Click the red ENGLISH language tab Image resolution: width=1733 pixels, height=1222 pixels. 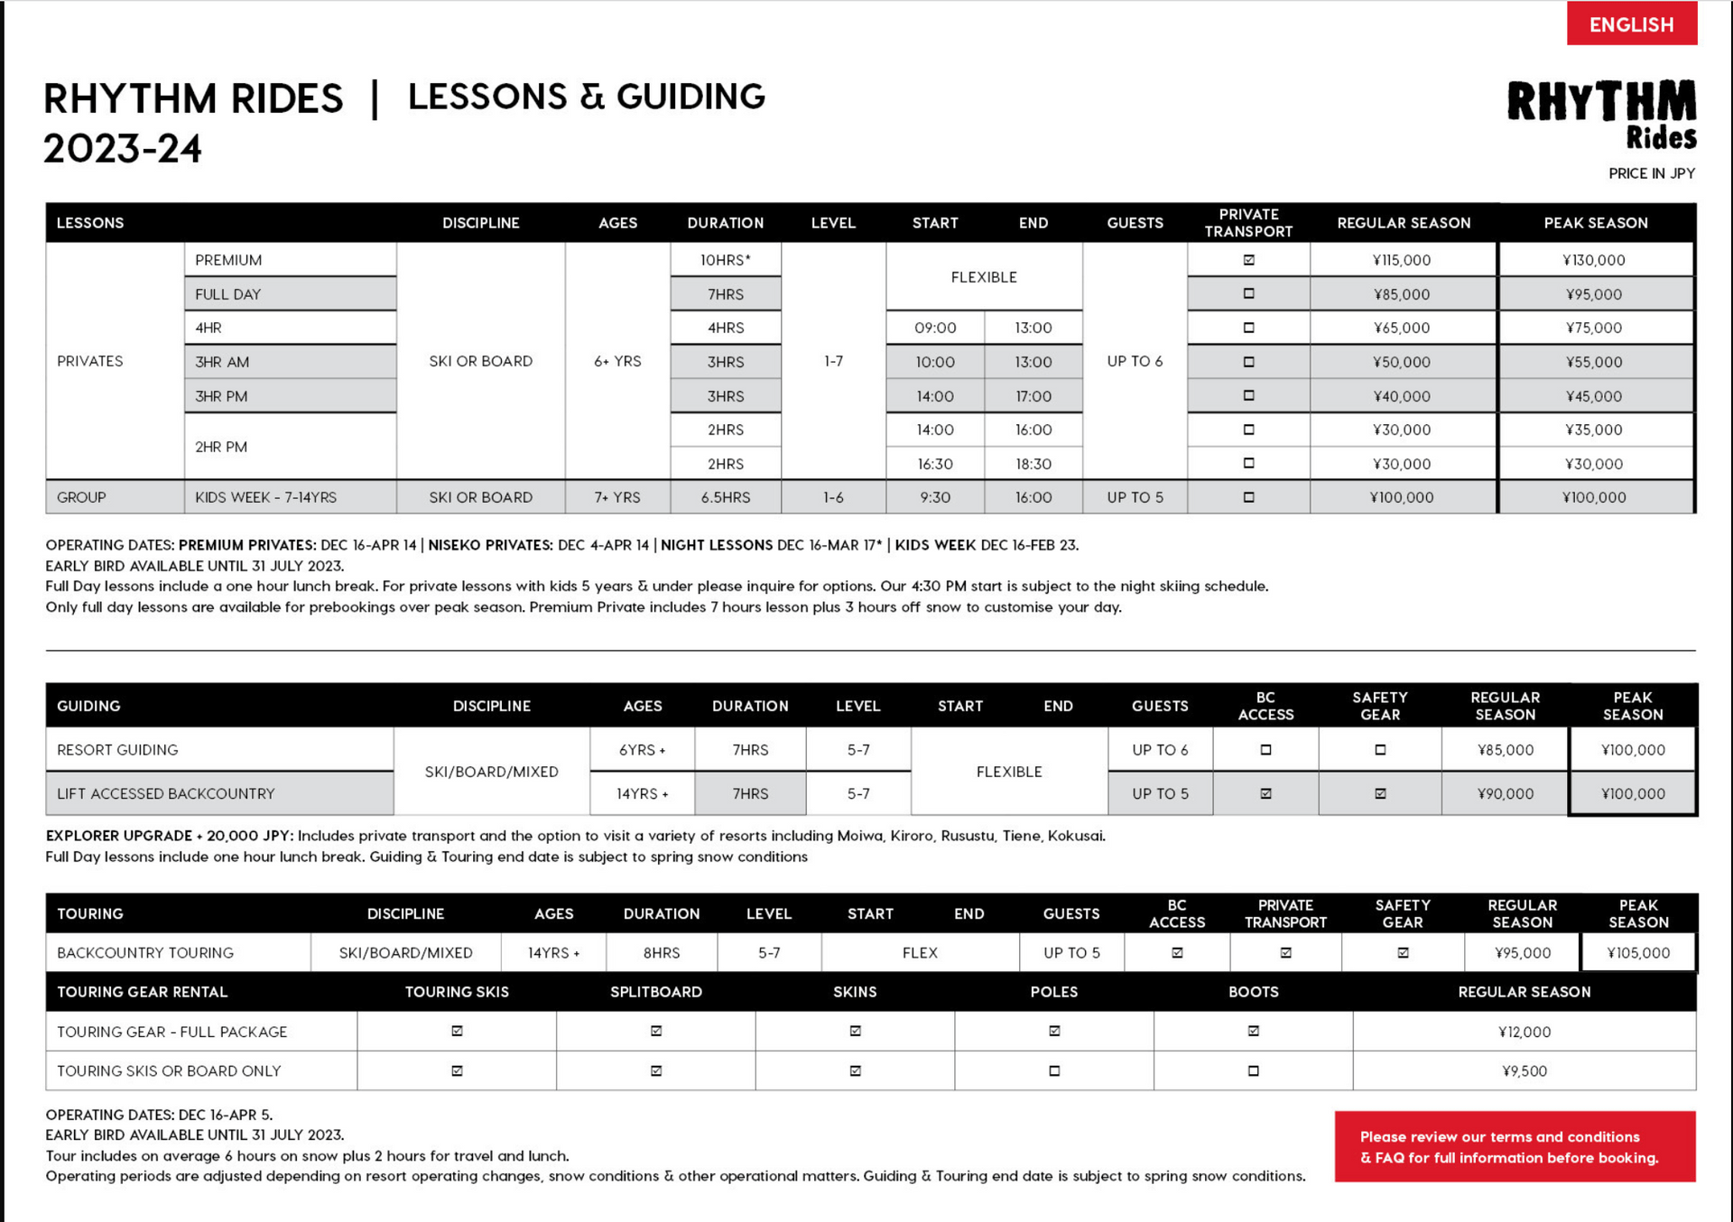(1631, 24)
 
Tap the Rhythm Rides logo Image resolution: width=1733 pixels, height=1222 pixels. (1601, 114)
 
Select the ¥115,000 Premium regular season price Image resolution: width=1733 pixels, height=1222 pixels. (1402, 260)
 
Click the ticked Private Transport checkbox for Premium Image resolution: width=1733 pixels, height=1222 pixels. (1248, 260)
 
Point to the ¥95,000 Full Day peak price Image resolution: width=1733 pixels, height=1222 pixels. (1594, 294)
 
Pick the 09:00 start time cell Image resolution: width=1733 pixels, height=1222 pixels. (935, 328)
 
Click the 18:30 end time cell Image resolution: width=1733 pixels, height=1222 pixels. (1033, 464)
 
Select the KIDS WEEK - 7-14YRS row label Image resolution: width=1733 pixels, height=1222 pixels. (265, 497)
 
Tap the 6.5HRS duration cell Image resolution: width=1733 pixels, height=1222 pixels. (725, 497)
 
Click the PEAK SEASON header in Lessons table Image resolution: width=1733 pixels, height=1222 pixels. (1595, 223)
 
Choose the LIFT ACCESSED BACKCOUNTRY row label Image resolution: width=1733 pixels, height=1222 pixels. (165, 793)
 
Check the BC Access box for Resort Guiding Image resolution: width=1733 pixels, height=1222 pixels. (1265, 750)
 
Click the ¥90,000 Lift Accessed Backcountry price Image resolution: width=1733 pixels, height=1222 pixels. (1505, 793)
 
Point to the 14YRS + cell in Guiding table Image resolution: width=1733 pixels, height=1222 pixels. (642, 793)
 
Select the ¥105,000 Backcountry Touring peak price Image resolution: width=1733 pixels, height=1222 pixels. (1638, 952)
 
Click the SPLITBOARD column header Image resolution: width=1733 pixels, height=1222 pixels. (656, 992)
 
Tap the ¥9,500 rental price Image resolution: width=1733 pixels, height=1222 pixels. (1524, 1071)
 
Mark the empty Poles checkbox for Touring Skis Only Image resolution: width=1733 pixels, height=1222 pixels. (1054, 1071)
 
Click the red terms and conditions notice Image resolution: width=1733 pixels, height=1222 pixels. (1515, 1147)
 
